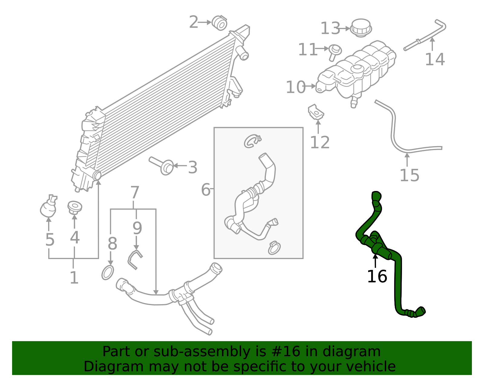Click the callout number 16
(x=377, y=277)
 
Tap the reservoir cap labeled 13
(x=361, y=28)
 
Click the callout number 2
(x=194, y=22)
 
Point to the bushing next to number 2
(x=219, y=23)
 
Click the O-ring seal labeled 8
(x=107, y=272)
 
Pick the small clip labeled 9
(x=134, y=259)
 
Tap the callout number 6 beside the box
(x=206, y=190)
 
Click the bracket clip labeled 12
(x=316, y=112)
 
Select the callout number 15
(x=409, y=176)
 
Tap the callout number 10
(x=296, y=87)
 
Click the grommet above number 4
(x=74, y=207)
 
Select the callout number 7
(x=135, y=192)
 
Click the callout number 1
(x=74, y=278)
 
